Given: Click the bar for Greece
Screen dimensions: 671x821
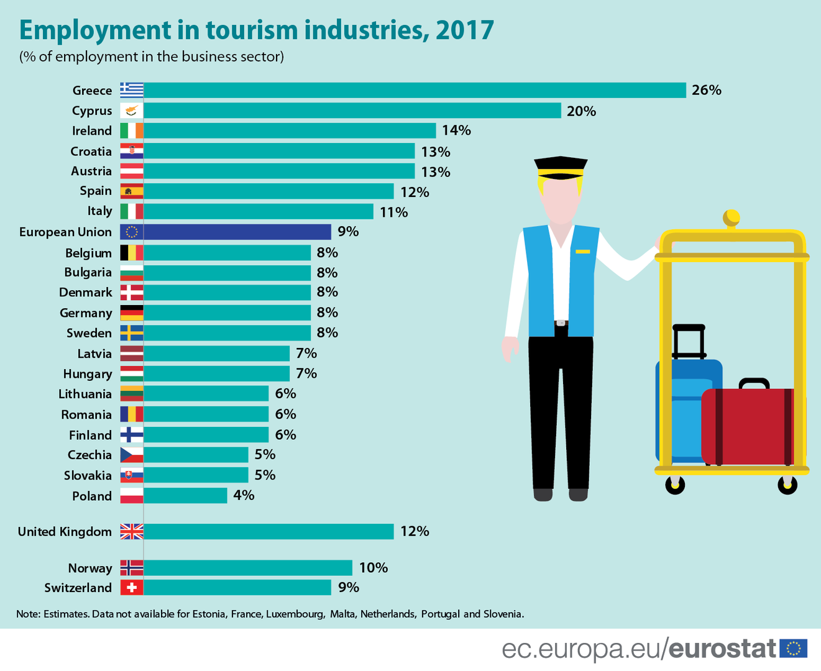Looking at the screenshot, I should (415, 90).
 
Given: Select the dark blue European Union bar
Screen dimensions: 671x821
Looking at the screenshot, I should (237, 232).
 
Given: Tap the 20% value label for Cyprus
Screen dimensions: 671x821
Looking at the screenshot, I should (581, 111).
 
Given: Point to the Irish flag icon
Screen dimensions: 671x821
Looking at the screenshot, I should (132, 130).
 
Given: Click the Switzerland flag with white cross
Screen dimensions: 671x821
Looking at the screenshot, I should (132, 587).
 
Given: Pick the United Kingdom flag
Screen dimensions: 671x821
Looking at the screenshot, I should (132, 531).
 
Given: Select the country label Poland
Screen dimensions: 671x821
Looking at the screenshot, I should (92, 496).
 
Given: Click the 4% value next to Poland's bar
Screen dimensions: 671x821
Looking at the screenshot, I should (244, 495).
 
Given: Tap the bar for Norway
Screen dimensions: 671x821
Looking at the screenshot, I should (248, 568).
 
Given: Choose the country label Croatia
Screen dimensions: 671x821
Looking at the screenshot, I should (91, 151).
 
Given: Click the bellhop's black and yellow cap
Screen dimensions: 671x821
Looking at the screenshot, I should (561, 167).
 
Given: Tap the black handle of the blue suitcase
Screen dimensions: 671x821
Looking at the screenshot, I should (689, 339).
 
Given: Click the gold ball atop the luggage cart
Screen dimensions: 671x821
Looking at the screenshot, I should (732, 218).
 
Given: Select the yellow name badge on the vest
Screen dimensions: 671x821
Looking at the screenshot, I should (582, 251).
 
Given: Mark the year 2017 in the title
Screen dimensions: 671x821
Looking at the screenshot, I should (464, 30).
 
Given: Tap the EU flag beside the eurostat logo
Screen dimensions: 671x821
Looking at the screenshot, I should (793, 649).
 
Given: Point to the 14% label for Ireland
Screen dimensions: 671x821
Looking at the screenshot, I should (456, 130).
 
